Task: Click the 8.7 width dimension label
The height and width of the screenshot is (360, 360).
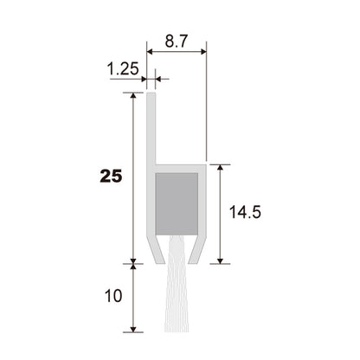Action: click(x=177, y=41)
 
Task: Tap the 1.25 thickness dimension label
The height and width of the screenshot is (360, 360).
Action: click(x=123, y=69)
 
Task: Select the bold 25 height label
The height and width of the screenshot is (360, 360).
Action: click(x=111, y=176)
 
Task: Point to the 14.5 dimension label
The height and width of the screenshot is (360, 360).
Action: click(x=245, y=212)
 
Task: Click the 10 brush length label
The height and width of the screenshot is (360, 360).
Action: click(x=113, y=296)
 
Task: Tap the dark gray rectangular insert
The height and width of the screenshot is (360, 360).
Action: click(x=177, y=204)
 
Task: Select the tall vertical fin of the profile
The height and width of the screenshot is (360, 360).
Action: click(x=151, y=128)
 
